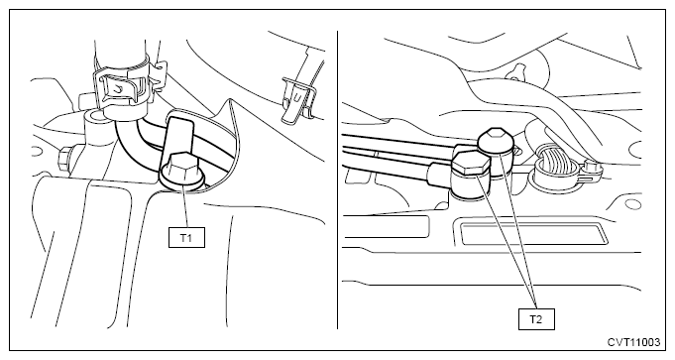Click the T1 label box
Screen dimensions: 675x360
[x=186, y=237]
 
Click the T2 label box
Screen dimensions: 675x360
[x=536, y=319]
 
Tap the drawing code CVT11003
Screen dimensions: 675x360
[x=633, y=342]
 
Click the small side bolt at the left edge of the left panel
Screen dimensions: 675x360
[x=64, y=158]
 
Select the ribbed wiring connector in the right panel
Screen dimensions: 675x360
[x=554, y=167]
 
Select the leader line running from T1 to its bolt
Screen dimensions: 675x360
[x=186, y=206]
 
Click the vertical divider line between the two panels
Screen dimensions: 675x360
[x=337, y=180]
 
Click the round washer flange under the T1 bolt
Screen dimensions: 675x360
[x=182, y=181]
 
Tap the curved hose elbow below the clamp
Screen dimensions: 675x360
[x=129, y=142]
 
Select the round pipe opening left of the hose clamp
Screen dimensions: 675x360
[x=93, y=116]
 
